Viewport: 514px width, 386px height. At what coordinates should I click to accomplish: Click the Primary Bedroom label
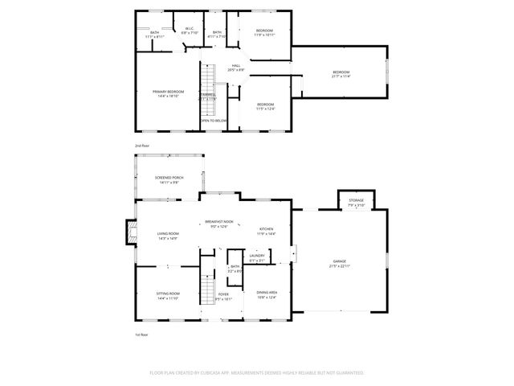tap(169, 92)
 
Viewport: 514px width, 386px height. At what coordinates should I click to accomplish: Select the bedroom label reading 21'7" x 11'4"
tap(341, 73)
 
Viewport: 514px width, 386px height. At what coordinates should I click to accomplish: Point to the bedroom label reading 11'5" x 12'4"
tap(265, 105)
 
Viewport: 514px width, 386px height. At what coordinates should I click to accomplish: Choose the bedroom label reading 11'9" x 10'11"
tap(264, 31)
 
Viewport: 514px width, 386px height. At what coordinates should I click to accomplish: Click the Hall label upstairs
tap(236, 67)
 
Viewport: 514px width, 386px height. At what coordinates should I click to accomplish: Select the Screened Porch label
tap(169, 179)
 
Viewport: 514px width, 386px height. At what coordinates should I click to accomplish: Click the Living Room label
tap(168, 234)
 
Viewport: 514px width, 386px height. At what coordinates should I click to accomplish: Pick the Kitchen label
tap(266, 231)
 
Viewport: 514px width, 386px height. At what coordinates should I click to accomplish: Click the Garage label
tap(341, 263)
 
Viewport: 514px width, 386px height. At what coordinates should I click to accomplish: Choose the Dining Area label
tap(267, 294)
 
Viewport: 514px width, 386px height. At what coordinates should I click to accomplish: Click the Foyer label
tap(224, 296)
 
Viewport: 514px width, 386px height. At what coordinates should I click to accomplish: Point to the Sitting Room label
tap(168, 295)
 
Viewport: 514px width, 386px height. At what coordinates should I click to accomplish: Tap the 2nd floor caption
tap(141, 145)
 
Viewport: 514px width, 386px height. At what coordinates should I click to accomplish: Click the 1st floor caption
tap(141, 335)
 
